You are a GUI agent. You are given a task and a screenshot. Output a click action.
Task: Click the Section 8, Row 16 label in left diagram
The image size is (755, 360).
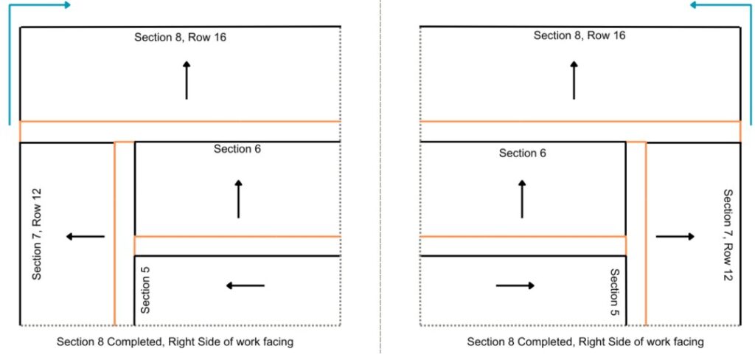(x=180, y=37)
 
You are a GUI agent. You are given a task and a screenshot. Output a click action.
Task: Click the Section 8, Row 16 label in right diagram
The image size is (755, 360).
(x=580, y=35)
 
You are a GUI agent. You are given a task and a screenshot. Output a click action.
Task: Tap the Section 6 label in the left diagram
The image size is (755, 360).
(x=237, y=149)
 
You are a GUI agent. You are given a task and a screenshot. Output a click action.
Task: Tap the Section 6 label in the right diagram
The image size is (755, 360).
(x=523, y=153)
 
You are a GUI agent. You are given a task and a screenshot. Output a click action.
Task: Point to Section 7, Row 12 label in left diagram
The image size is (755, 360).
(x=36, y=233)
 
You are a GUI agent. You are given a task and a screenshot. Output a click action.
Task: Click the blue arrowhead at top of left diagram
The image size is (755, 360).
(x=67, y=5)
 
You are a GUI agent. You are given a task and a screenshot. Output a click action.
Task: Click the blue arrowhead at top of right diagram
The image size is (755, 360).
(x=694, y=5)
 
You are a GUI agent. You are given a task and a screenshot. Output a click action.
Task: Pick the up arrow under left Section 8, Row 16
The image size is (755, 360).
(x=187, y=80)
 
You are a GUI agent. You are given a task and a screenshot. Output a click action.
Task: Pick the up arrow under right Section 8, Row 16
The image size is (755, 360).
(x=574, y=80)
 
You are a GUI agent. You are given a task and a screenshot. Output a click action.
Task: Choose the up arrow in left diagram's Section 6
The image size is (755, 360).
(x=238, y=198)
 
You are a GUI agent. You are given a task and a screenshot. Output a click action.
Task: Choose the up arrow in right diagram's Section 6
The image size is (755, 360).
(x=522, y=198)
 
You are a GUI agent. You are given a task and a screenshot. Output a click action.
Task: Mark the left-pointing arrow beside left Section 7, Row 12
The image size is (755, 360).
(x=85, y=237)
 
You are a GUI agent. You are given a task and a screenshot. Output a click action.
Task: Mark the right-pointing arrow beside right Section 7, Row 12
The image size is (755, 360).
(x=675, y=237)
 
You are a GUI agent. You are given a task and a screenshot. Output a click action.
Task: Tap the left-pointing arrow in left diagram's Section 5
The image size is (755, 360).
(x=245, y=285)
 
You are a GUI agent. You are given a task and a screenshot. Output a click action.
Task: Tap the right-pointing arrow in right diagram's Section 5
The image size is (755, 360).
(x=515, y=285)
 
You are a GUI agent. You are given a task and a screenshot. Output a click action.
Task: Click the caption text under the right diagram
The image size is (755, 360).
(x=585, y=342)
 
